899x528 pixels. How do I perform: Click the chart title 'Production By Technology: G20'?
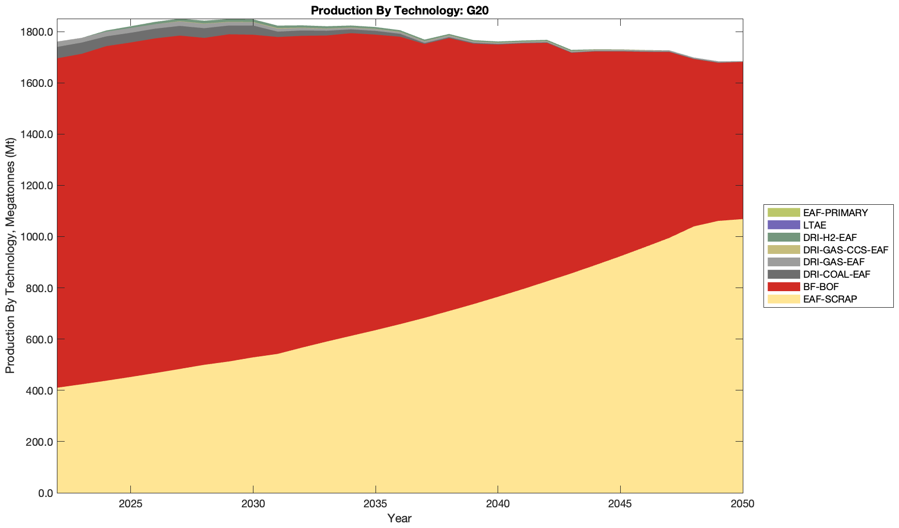[x=399, y=10]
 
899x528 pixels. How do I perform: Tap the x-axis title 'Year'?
[x=399, y=518]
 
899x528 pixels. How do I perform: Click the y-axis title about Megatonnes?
[x=10, y=256]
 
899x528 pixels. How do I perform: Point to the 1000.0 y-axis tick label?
[x=39, y=237]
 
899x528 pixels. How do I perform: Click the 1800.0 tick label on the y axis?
[x=39, y=32]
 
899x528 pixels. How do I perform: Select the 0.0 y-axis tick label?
[x=45, y=493]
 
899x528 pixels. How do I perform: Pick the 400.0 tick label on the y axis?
[x=41, y=390]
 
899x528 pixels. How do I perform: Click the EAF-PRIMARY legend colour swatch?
[x=783, y=213]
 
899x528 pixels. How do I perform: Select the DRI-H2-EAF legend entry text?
[x=830, y=237]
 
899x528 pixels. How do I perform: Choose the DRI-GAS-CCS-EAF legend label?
[x=845, y=250]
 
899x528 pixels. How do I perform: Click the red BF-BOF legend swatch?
[x=783, y=286]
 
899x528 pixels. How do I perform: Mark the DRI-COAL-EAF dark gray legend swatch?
[x=783, y=274]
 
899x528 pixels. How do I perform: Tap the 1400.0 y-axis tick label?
[x=39, y=134]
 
